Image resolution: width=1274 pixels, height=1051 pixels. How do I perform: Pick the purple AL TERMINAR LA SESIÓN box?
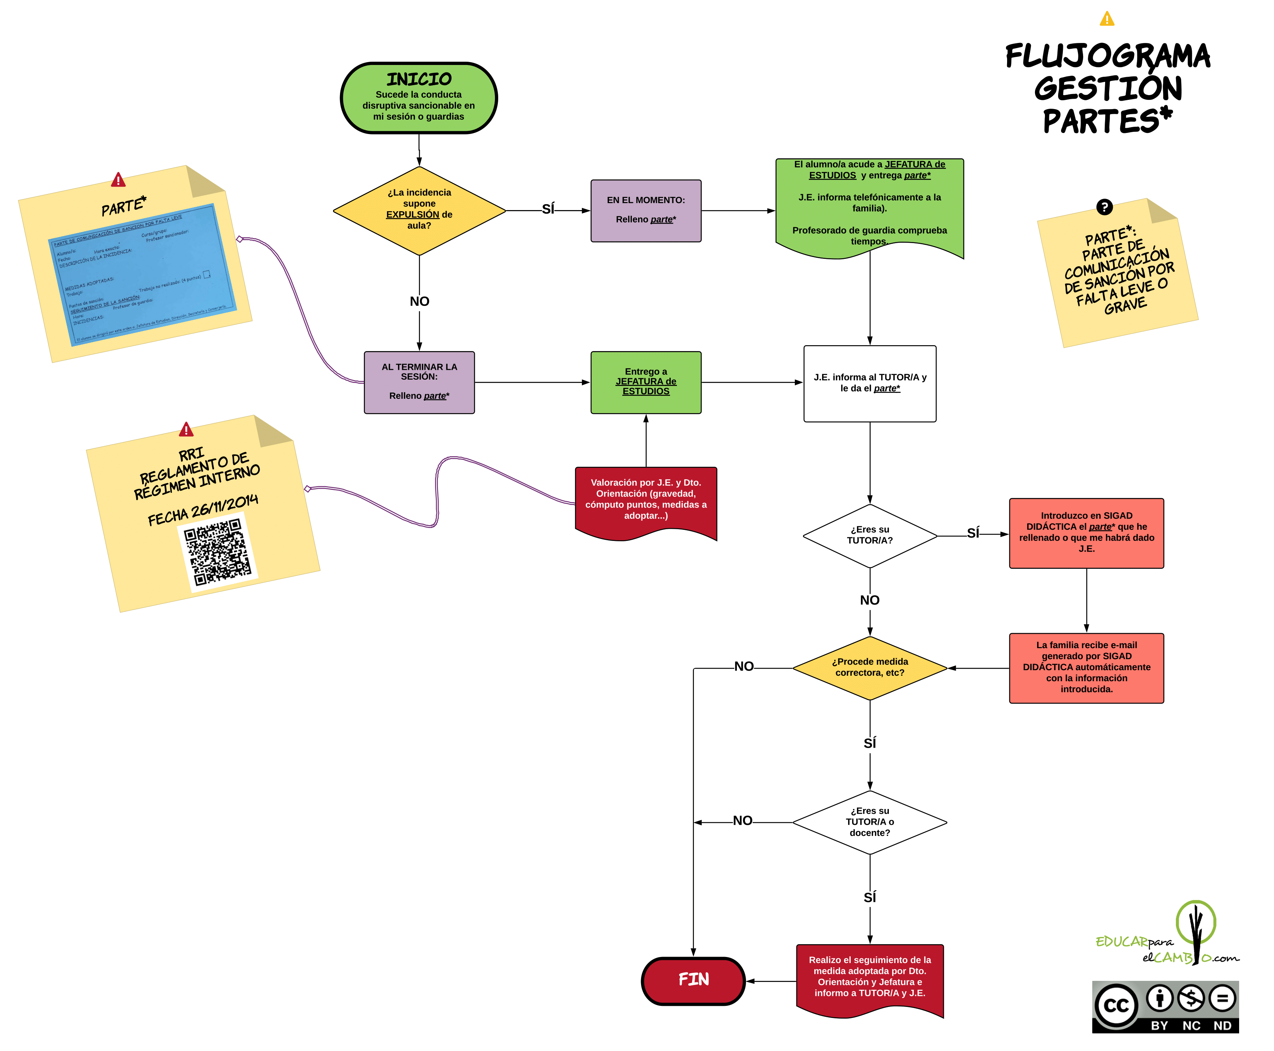coord(419,382)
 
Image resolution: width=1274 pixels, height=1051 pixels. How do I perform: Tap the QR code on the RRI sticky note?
coord(217,552)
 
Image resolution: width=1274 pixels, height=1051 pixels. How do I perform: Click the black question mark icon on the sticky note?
coord(1104,207)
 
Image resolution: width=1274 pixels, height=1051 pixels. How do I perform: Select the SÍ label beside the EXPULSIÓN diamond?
coord(548,209)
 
